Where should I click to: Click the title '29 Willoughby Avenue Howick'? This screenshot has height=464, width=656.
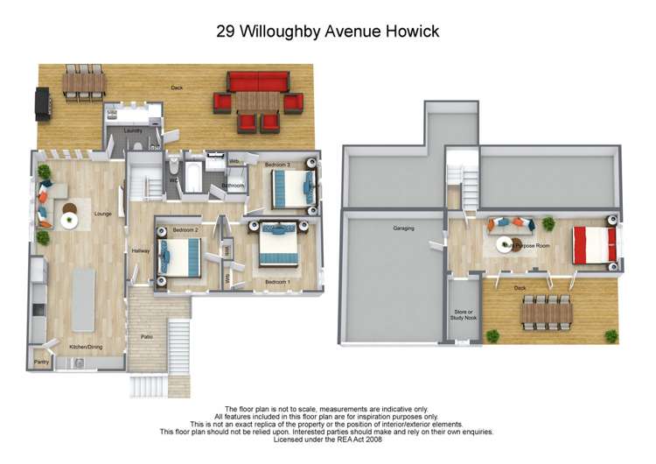pos(327,32)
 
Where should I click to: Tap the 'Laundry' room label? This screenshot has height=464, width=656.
pos(133,131)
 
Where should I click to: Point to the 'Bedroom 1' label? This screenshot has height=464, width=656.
pos(276,282)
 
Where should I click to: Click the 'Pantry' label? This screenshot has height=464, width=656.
pos(40,361)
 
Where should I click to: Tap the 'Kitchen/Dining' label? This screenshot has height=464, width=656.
pos(85,348)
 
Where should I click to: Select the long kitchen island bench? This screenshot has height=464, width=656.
pos(83,299)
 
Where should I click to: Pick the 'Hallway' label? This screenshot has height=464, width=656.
pos(141,251)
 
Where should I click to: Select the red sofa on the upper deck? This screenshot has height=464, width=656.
pos(257,81)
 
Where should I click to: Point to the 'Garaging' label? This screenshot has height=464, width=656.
pos(403,228)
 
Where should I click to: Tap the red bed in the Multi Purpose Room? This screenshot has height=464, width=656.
pos(594,245)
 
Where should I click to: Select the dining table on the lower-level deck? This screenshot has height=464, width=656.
pos(547,312)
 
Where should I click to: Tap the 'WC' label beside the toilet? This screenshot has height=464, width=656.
pos(172,181)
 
